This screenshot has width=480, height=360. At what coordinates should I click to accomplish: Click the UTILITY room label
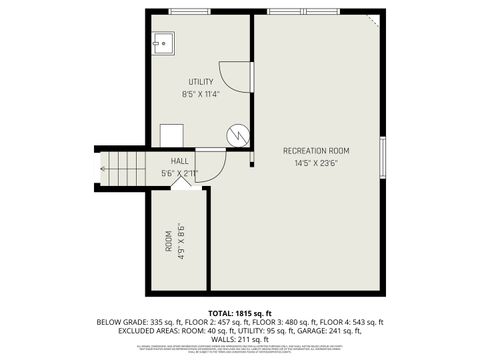pos(201,81)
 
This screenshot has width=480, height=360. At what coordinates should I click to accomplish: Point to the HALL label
pos(180,161)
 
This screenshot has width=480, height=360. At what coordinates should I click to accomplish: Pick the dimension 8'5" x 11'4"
pos(201,94)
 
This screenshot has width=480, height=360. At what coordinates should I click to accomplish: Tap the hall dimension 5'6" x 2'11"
pos(180,173)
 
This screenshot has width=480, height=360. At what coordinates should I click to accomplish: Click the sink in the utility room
pos(163,43)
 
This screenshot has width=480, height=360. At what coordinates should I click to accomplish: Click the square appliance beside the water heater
pos(170,135)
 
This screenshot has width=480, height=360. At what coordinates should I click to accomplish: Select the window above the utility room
pos(189,11)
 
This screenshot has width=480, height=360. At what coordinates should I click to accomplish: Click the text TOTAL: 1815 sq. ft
pos(239,313)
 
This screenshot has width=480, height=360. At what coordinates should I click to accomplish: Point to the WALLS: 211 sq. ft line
pos(240,338)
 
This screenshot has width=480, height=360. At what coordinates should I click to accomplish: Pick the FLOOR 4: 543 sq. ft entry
pos(356,322)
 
